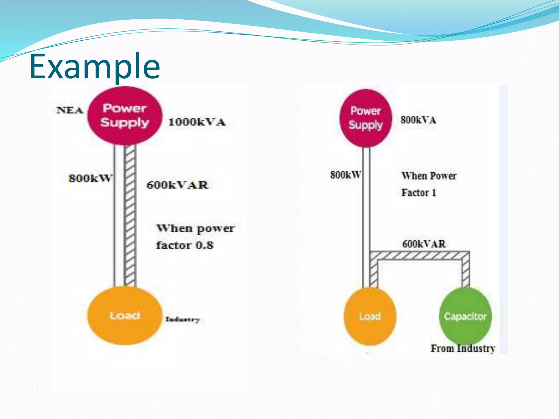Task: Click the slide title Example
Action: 94,66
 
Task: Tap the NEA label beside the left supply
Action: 70,110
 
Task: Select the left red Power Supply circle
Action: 125,116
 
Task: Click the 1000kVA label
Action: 197,122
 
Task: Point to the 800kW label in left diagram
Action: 90,178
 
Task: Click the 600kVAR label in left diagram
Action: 177,185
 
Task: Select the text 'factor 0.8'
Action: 185,245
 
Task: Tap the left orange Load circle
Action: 124,316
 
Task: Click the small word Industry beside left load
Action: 183,319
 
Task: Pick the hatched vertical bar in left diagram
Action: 130,216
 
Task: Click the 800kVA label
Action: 418,120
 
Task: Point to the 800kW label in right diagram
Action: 346,175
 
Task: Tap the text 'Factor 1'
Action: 419,193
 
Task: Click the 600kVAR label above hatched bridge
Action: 424,244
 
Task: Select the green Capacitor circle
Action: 465,316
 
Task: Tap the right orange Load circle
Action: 370,316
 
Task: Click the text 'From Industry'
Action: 463,348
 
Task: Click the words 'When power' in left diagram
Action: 195,228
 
